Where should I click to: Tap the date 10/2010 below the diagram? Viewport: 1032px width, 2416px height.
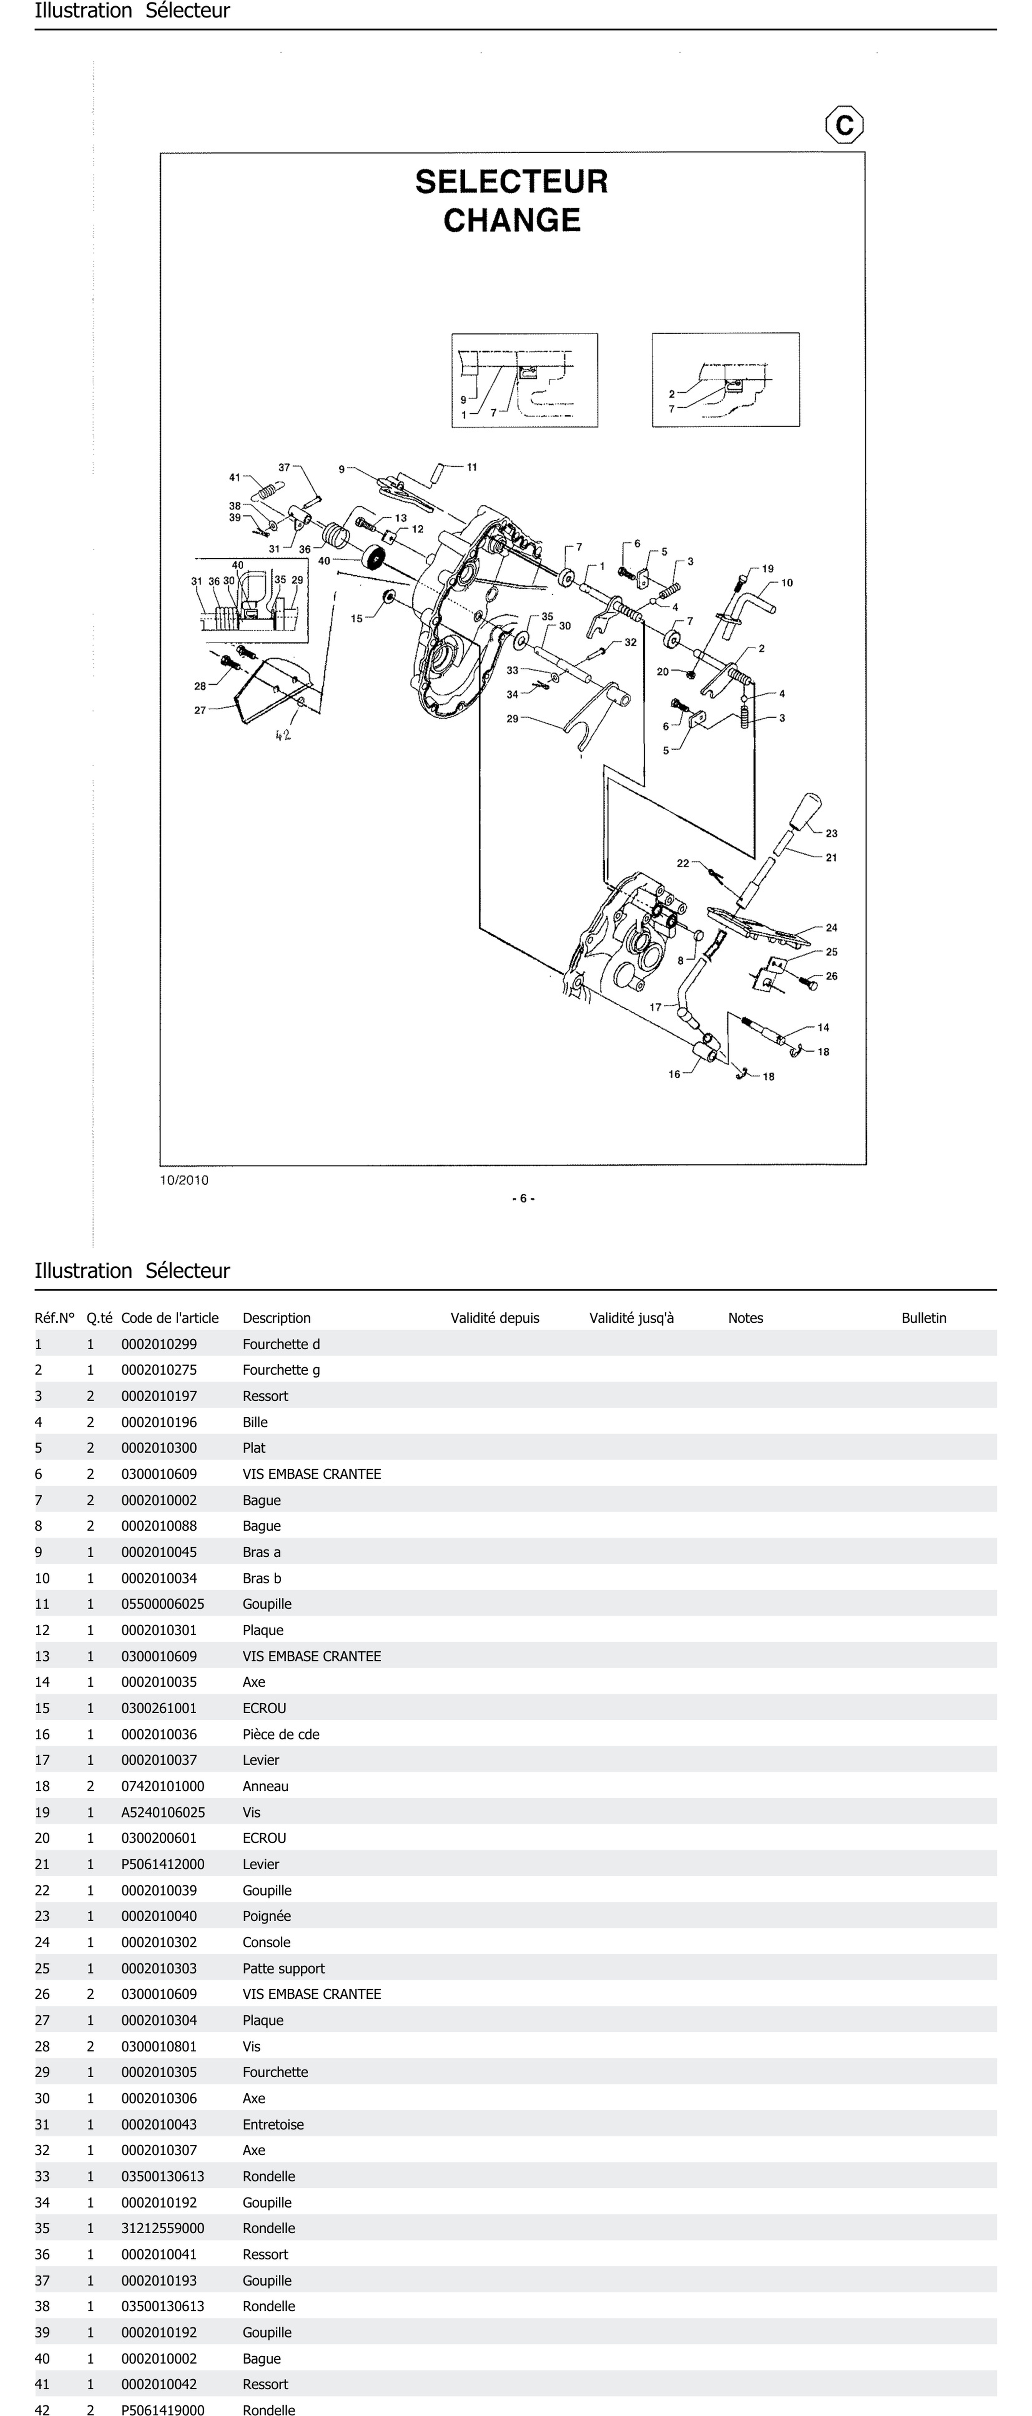coord(184,1180)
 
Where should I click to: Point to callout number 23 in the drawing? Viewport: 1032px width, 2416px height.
coord(831,833)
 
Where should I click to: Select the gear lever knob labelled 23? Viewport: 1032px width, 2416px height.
coord(805,810)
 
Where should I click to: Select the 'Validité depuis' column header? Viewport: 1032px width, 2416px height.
coord(494,1318)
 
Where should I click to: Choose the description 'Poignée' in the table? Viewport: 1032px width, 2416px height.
coord(267,1916)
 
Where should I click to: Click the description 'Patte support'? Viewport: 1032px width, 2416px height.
coord(283,1968)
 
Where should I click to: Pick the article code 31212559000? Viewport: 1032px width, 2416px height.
coord(162,2227)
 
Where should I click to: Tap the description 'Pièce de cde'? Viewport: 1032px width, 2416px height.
coord(281,1734)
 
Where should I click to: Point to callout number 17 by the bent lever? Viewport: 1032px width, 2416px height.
coord(656,1006)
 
